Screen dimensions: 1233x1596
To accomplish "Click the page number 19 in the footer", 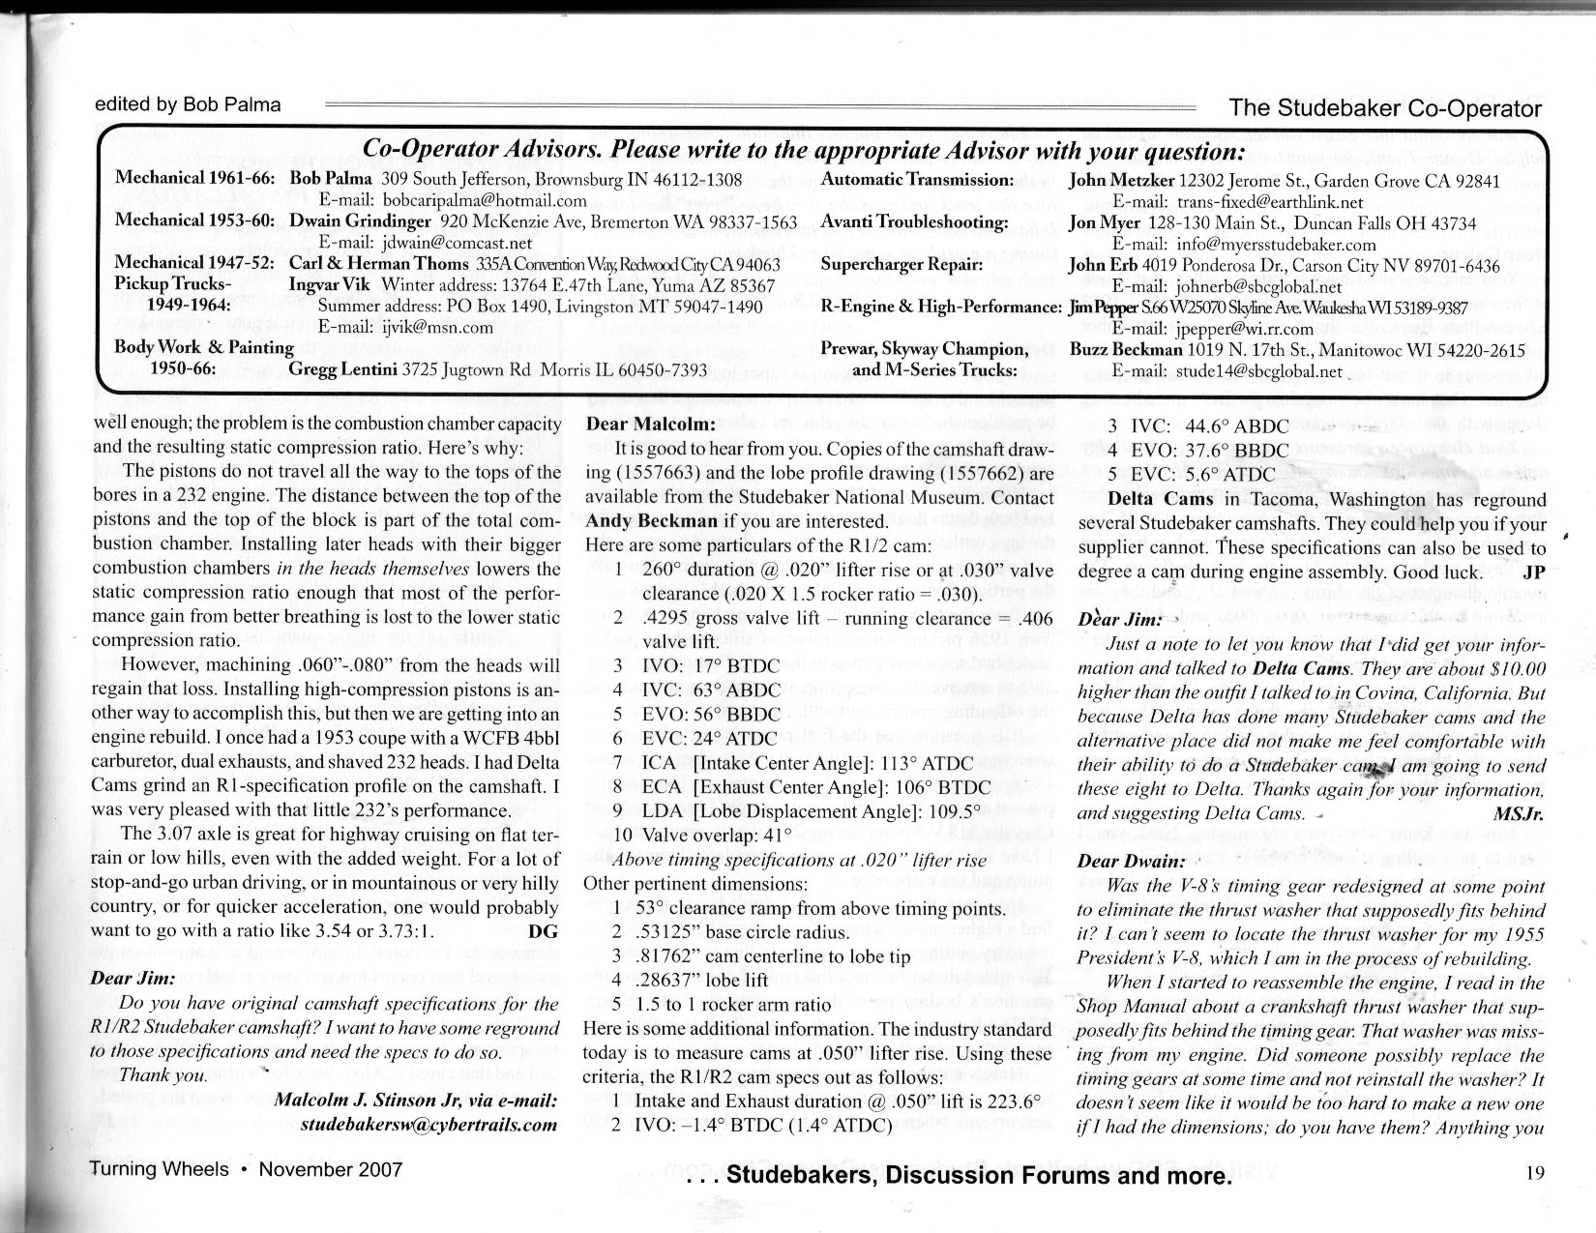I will coord(1535,1173).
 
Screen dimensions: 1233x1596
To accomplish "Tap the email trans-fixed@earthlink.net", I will coord(1238,201).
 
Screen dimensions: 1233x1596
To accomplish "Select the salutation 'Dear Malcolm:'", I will coord(650,424).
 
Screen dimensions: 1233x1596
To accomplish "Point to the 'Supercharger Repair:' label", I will coord(901,263).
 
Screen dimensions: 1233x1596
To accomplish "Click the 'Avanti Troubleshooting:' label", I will coord(915,221).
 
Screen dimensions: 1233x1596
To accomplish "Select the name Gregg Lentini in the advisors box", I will coord(343,370).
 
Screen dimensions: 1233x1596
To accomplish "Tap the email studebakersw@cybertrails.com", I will coord(429,1125).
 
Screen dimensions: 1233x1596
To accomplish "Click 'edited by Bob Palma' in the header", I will coord(188,104).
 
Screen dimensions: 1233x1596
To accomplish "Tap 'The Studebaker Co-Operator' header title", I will coord(1385,107).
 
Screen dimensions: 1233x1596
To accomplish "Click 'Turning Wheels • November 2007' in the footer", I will coord(246,1169).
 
